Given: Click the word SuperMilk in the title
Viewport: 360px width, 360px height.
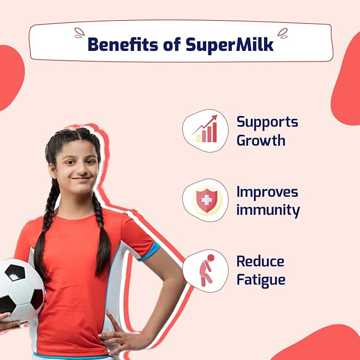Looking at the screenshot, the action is click(230, 45).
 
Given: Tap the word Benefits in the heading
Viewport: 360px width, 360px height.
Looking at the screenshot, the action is click(123, 44).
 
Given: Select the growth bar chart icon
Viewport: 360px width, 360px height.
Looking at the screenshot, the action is click(205, 129).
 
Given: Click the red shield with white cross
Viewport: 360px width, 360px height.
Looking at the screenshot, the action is click(207, 200).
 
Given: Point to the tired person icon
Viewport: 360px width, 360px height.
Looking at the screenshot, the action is click(206, 270).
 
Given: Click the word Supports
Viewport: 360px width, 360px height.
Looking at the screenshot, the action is click(267, 122).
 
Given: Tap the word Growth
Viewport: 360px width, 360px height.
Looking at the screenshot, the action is click(261, 140).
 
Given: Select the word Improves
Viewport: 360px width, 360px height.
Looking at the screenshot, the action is click(267, 192).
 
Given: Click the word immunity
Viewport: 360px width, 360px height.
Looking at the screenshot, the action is click(268, 210).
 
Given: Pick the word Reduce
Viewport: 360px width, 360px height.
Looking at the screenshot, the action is click(260, 261).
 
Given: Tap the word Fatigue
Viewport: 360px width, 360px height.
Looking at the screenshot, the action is click(261, 280).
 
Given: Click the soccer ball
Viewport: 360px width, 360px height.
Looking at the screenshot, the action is click(21, 291).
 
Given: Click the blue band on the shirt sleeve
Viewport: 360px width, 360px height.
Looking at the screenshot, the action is click(149, 252).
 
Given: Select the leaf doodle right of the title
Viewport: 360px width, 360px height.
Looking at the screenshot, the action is click(283, 33).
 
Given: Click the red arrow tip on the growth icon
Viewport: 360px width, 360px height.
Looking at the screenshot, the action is click(216, 116).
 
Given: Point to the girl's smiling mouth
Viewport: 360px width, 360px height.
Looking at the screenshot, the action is click(81, 180).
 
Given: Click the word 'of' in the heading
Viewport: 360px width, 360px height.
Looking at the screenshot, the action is click(172, 44).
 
